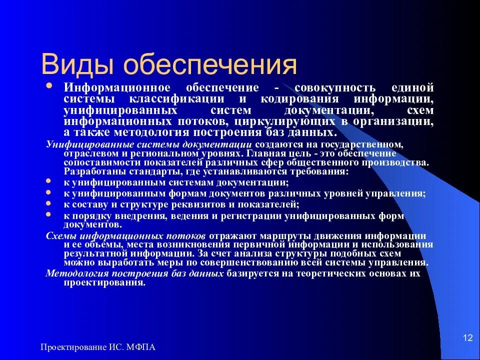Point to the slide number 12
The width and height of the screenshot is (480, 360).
(x=468, y=338)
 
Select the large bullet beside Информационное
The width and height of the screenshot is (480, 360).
(x=49, y=86)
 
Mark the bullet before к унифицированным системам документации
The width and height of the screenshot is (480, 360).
(x=48, y=182)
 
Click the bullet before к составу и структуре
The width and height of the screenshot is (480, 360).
(x=48, y=203)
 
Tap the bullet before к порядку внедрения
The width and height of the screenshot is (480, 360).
(x=48, y=214)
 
